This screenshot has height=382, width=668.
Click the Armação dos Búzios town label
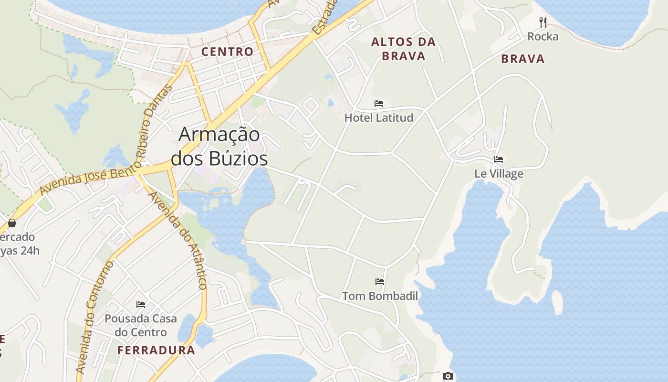pyautogui.click(x=219, y=146)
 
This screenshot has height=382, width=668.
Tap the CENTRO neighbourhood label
pyautogui.click(x=227, y=52)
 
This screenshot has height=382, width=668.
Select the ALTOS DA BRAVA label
pyautogui.click(x=404, y=49)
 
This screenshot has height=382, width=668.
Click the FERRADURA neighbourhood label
pyautogui.click(x=157, y=350)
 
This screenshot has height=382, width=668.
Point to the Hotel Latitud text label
pyautogui.click(x=379, y=117)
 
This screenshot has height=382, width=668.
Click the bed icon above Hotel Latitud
pyautogui.click(x=379, y=103)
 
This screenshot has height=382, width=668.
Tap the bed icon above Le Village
pyautogui.click(x=499, y=159)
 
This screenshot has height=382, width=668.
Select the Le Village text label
pyautogui.click(x=499, y=173)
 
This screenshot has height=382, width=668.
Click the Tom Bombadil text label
pyautogui.click(x=380, y=296)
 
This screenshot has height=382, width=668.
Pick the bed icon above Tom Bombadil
pyautogui.click(x=380, y=281)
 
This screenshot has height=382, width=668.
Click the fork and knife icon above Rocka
pyautogui.click(x=543, y=22)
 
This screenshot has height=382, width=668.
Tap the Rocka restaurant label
pyautogui.click(x=543, y=36)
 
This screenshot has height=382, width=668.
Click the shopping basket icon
pyautogui.click(x=12, y=223)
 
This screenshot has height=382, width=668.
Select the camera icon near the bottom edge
pyautogui.click(x=448, y=376)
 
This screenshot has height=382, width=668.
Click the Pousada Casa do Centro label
pyautogui.click(x=141, y=325)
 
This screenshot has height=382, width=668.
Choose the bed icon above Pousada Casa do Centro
pyautogui.click(x=141, y=304)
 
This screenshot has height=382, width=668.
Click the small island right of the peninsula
pyautogui.click(x=557, y=302)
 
